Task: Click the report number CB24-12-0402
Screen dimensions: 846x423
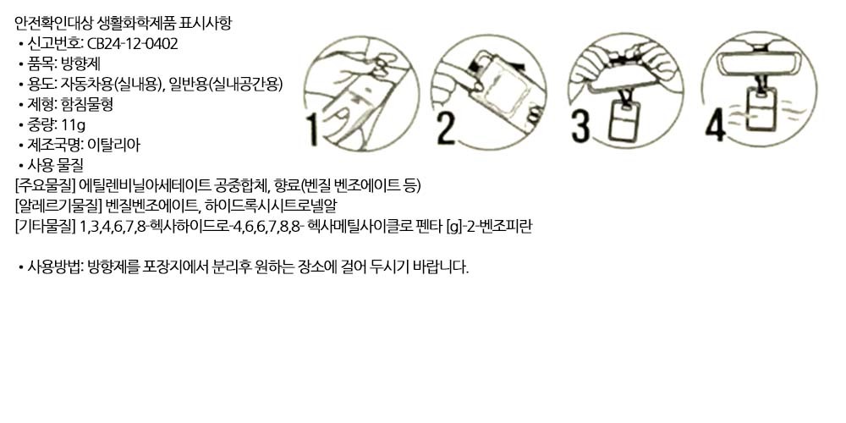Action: pyautogui.click(x=132, y=44)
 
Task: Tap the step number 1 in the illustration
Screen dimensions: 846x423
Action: pyautogui.click(x=313, y=130)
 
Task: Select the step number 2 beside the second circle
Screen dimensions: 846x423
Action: pyautogui.click(x=445, y=129)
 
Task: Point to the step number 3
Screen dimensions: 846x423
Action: pyautogui.click(x=580, y=128)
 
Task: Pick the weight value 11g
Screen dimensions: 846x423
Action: pyautogui.click(x=74, y=125)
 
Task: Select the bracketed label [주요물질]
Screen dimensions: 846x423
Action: pyautogui.click(x=45, y=186)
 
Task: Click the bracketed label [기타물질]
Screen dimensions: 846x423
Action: pyautogui.click(x=45, y=227)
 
